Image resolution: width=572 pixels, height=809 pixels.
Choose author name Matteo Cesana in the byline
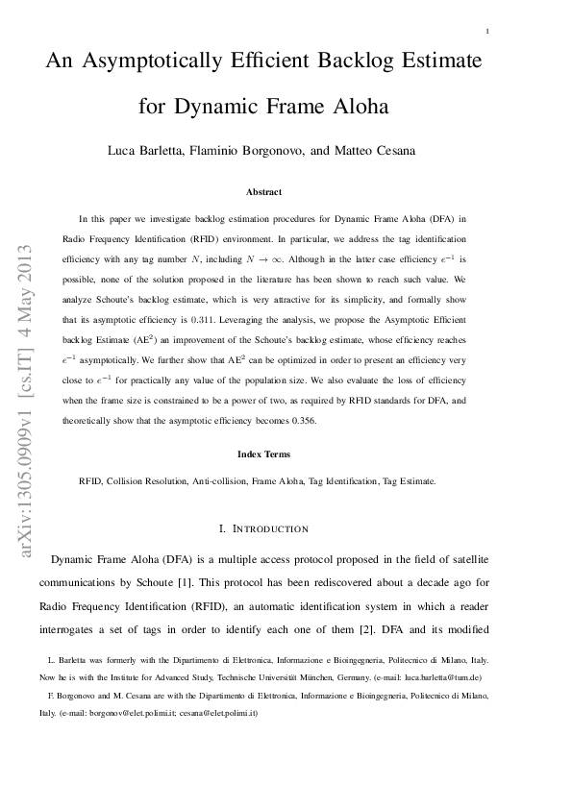(391, 152)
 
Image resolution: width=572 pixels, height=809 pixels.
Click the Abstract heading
(264, 192)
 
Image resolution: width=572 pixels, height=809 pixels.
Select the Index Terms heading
(264, 454)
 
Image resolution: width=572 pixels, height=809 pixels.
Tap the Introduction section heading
(264, 528)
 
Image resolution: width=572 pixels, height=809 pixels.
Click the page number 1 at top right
(488, 32)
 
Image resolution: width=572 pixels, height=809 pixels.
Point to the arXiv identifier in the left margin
(26, 399)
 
